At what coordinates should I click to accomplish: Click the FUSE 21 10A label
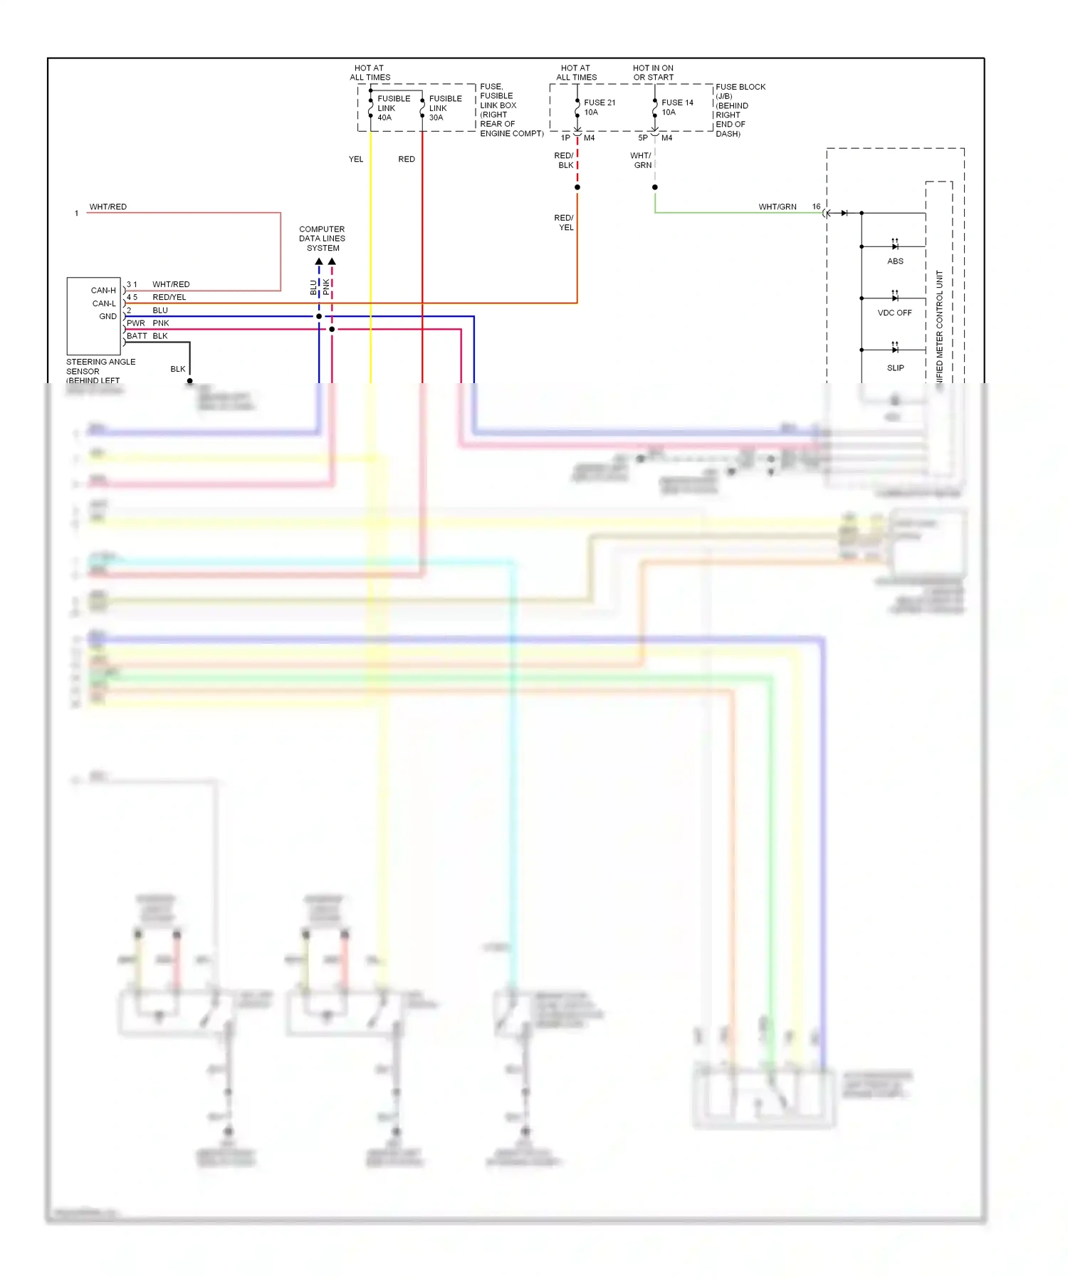coord(599,108)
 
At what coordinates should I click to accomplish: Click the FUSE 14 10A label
coord(676,108)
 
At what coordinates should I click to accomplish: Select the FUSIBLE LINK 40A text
coord(393,108)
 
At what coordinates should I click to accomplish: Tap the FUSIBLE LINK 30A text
coord(445,108)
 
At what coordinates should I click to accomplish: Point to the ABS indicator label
coord(895,261)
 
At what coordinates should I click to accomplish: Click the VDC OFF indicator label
coord(894,313)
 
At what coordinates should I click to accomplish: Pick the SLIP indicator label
coord(895,368)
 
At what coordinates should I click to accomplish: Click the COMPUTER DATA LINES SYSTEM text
coord(323,239)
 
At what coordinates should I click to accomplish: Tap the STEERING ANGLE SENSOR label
coord(100,367)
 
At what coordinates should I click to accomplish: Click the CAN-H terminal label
coord(103,291)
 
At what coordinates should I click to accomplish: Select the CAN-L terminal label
coord(104,303)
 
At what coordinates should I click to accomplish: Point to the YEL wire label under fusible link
coord(356,160)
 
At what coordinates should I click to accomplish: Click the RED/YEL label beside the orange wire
coord(564,223)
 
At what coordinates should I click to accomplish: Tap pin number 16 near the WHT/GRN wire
coord(816,207)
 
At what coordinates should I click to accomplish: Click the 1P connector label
coord(565,138)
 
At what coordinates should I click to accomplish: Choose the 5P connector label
coord(643,138)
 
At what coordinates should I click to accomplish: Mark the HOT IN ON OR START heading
coord(653,73)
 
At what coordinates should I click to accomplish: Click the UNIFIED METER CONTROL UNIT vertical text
coord(939,328)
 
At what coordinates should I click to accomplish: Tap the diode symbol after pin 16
coord(844,213)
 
